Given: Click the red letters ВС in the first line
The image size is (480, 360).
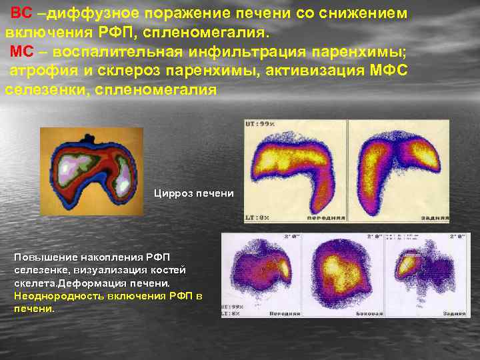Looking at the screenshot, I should (x=21, y=14).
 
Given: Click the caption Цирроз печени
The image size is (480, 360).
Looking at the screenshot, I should (x=194, y=193).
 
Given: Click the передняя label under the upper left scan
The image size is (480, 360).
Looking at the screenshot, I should (x=321, y=218).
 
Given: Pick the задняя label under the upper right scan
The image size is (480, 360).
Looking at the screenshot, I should (x=431, y=218).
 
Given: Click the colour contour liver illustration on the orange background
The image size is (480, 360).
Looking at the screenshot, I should (x=91, y=171).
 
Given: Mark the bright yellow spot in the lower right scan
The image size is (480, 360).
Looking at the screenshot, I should (x=408, y=264).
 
